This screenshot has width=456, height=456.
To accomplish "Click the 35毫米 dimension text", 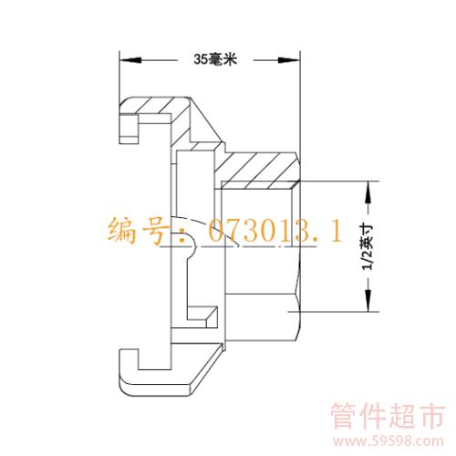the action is coord(215,59).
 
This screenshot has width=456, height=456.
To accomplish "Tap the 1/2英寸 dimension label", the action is coord(368,247).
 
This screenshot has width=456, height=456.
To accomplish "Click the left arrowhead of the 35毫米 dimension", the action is coord(130,60).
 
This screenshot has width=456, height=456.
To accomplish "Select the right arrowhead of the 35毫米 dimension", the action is coord(289,60).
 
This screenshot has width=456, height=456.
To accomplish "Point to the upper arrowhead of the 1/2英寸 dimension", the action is coord(368,192).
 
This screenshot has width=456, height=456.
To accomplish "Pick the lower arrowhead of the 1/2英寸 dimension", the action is coord(368,301).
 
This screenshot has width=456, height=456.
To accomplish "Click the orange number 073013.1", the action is coord(275,231).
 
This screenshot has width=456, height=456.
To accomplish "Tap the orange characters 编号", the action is coord(139,231).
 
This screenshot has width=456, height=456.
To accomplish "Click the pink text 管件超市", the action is coord(388,416).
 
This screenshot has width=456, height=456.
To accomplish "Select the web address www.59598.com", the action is coord(388,441).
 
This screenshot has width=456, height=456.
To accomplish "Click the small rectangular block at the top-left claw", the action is coord(130,129).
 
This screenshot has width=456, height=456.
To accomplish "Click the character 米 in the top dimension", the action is coord(230,59).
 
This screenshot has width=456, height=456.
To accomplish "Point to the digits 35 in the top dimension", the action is coord(201,59).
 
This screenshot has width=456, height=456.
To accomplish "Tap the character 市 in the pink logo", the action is coord(430,416).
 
